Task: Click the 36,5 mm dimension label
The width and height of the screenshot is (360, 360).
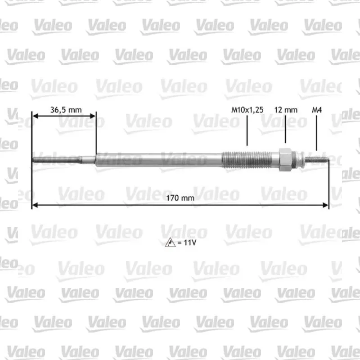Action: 66,110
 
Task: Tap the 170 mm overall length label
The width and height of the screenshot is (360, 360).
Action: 180,198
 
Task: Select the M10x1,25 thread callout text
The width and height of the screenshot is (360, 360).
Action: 247,110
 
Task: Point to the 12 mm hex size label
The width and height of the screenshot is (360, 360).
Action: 286,110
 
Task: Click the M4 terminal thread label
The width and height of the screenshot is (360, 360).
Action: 317,110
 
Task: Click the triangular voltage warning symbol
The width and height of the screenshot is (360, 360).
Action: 170,243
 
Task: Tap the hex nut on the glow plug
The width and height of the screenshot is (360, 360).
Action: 285,160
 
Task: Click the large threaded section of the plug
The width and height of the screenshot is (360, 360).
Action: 247,159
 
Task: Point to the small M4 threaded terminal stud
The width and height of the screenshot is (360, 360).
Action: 316,159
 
